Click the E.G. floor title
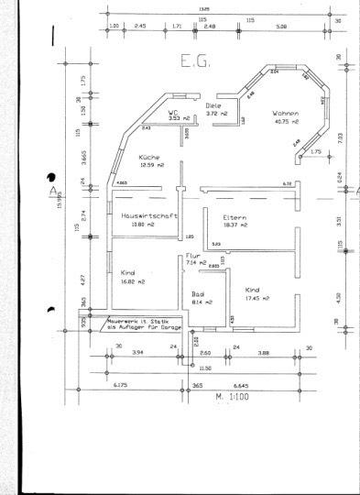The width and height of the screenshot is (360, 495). tap(195, 63)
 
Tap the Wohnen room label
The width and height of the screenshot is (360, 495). tap(286, 114)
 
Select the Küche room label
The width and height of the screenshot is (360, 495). tap(151, 157)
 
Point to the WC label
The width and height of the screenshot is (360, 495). tap(172, 112)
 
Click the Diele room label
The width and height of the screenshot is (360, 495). tap(213, 104)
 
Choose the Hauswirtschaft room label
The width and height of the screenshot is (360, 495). tap(147, 215)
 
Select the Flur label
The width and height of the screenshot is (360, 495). tap(192, 256)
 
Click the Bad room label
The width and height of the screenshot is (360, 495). tap(197, 293)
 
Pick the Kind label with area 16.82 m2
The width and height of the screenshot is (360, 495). tap(128, 272)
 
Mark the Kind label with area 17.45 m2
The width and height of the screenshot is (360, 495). tap(253, 290)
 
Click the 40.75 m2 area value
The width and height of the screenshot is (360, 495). tap(286, 122)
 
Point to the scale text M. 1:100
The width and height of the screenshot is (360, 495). tap(232, 397)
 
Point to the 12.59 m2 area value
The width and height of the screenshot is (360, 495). tap(151, 165)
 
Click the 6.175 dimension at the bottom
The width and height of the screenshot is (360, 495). tap(120, 386)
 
